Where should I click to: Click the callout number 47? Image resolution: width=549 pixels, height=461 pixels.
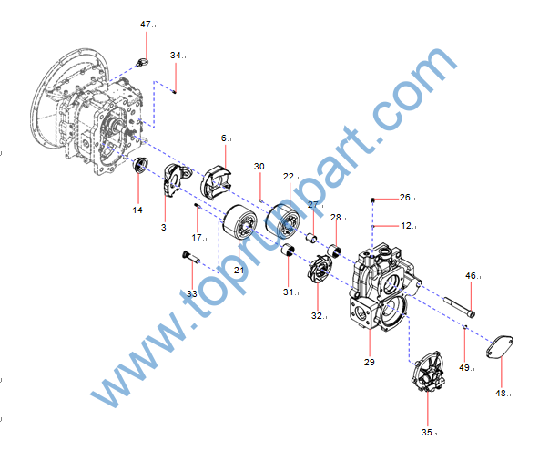146,24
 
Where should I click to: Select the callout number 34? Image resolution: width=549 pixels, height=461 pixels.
176,55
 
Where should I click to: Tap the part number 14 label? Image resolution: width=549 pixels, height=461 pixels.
137,210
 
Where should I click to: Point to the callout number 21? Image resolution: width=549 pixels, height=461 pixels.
239,270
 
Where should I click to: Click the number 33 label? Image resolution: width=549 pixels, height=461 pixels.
191,294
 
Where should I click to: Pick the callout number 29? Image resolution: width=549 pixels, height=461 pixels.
369,364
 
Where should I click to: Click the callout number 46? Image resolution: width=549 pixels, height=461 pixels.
471,275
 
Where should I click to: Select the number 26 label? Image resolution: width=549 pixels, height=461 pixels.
406,197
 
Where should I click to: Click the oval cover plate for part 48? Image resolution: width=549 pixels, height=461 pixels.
500,348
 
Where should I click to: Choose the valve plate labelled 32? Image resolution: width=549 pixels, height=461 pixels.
321,271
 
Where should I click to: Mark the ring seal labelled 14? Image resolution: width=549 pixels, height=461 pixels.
139,168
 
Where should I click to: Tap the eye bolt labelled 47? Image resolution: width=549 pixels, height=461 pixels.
142,62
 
